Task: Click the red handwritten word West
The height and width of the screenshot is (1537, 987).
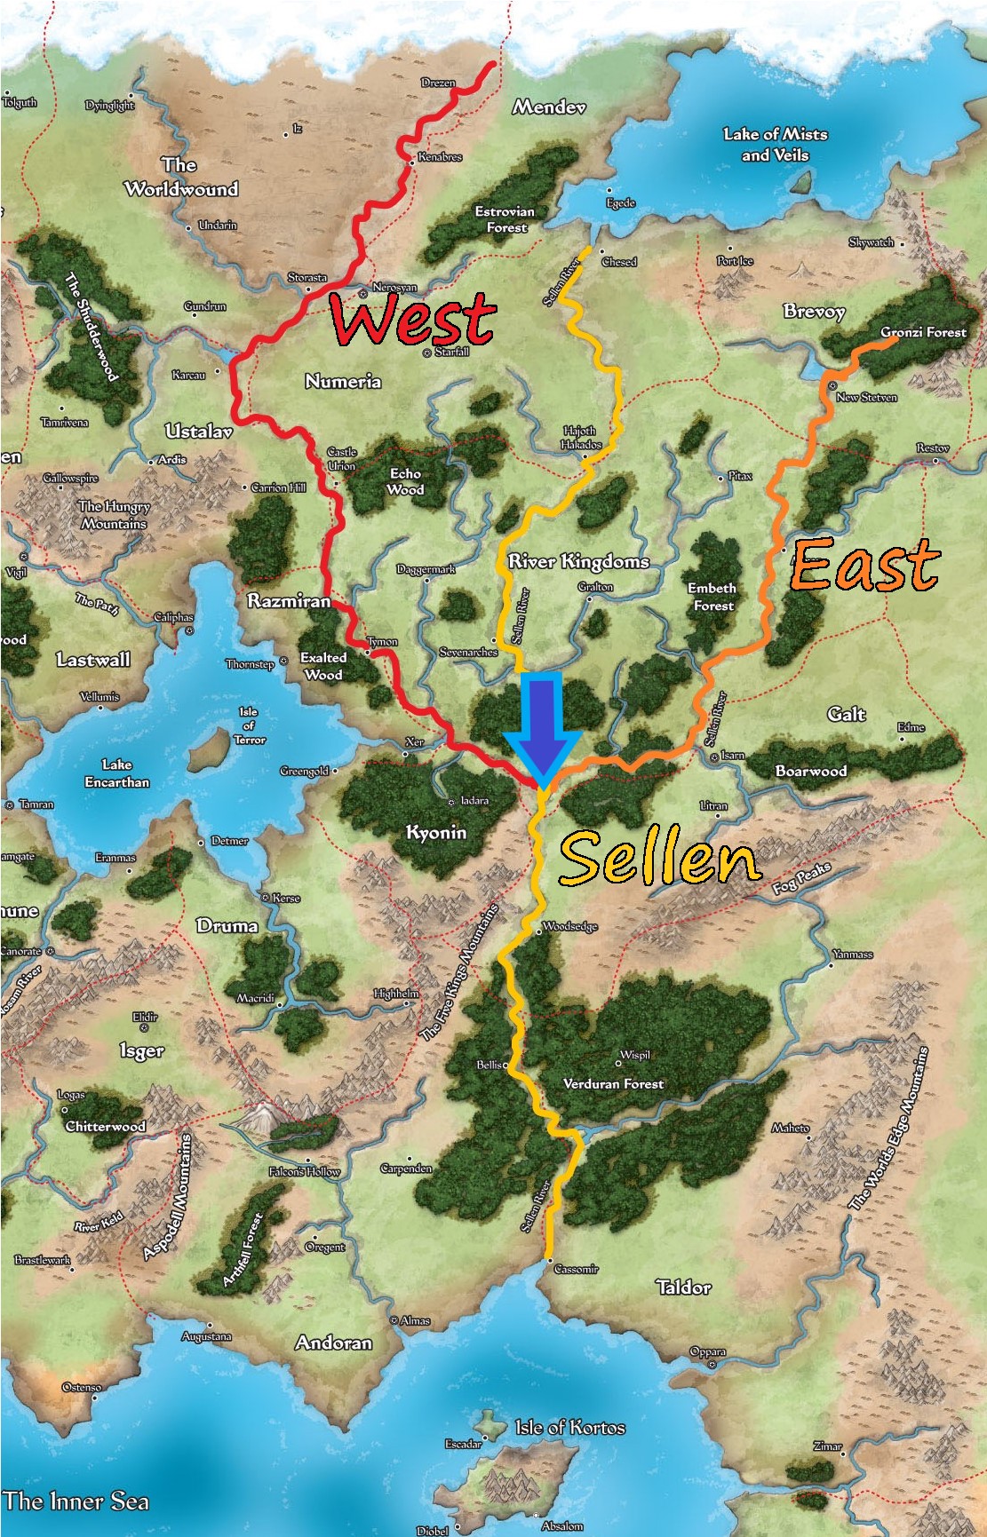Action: tap(412, 320)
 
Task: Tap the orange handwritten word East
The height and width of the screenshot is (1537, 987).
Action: tap(864, 565)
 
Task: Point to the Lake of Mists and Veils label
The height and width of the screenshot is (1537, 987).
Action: tap(775, 145)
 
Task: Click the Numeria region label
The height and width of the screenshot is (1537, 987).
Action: tap(343, 382)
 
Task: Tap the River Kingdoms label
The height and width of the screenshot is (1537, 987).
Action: tap(578, 561)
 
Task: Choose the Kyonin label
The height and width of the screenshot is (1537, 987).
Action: tap(435, 832)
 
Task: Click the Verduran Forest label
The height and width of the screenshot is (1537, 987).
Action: tap(613, 1084)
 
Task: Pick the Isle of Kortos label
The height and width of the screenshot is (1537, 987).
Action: tap(570, 1428)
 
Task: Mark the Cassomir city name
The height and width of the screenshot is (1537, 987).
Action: tap(576, 1269)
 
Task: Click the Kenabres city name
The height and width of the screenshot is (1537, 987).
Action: tap(440, 157)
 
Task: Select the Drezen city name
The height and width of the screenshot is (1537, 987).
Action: tap(438, 83)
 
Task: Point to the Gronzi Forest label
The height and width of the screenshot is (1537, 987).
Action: tap(923, 332)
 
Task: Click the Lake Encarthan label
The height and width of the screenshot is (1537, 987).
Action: tap(116, 773)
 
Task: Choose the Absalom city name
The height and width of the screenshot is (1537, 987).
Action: tap(562, 1526)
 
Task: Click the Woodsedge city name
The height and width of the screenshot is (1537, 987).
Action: tap(569, 926)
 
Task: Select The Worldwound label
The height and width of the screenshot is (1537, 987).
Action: tap(181, 177)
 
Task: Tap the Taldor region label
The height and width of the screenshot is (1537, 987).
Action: tap(683, 1287)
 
